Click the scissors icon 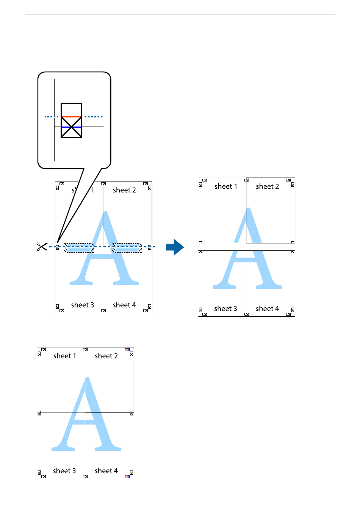(42, 247)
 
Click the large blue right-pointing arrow (175, 247)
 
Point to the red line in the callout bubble (71, 117)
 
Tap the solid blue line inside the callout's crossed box (71, 127)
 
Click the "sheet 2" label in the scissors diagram (124, 190)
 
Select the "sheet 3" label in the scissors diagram (82, 305)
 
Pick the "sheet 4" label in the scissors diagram (124, 305)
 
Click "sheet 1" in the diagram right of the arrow (225, 186)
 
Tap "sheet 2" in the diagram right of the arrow (267, 186)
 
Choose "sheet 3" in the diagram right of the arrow (225, 309)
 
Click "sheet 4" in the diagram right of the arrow (267, 309)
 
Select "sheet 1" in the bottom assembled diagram (64, 356)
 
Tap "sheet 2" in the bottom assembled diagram (106, 356)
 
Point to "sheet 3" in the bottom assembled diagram (64, 471)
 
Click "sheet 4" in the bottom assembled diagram (106, 471)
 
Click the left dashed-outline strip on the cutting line (79, 248)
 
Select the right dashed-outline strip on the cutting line (127, 248)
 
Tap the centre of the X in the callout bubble (71, 127)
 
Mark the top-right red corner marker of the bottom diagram (127, 350)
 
